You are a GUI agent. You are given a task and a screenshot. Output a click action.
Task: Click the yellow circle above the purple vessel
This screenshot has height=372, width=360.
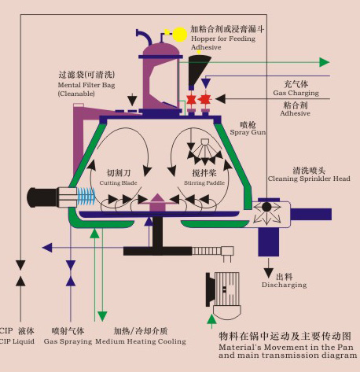(x=180, y=35)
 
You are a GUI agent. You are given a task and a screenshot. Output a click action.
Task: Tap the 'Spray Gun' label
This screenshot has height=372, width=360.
(x=248, y=132)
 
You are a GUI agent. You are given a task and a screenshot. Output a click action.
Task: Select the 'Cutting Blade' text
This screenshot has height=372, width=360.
(x=118, y=182)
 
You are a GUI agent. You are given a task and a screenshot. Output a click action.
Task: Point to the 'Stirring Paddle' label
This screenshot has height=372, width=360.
(x=204, y=182)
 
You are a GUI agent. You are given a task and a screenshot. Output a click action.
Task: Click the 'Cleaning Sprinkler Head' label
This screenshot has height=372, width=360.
(x=309, y=179)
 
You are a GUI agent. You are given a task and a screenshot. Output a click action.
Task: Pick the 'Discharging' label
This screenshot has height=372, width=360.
(x=284, y=285)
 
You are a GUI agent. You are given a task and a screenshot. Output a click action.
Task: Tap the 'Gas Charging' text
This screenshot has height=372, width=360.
(x=296, y=93)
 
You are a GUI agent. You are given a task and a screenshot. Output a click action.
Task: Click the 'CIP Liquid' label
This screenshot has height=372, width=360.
(x=17, y=341)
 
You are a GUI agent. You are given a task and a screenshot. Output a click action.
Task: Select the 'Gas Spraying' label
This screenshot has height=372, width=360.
(x=68, y=341)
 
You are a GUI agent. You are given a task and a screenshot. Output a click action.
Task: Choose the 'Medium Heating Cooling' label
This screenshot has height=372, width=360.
(x=141, y=341)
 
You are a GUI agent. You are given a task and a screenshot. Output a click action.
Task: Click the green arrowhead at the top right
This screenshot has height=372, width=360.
(x=325, y=62)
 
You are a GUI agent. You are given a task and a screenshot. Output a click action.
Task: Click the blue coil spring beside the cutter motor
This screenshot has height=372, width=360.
(x=86, y=197)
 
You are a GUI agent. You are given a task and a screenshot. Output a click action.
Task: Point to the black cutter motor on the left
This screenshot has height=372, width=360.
(x=42, y=197)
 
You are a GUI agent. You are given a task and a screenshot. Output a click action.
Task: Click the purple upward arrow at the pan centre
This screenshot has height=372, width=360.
(x=157, y=202)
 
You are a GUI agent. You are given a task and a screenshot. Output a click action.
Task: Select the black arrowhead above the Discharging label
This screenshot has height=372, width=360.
(x=268, y=273)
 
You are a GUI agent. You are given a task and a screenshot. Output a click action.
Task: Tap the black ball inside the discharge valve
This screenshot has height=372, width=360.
(x=266, y=207)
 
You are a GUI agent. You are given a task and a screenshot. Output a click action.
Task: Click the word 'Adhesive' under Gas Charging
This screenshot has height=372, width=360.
(x=295, y=113)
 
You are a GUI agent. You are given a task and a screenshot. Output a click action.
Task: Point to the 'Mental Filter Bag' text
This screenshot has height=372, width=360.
(x=86, y=85)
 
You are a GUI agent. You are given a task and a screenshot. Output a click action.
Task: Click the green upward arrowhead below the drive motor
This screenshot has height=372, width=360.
(x=211, y=319)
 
